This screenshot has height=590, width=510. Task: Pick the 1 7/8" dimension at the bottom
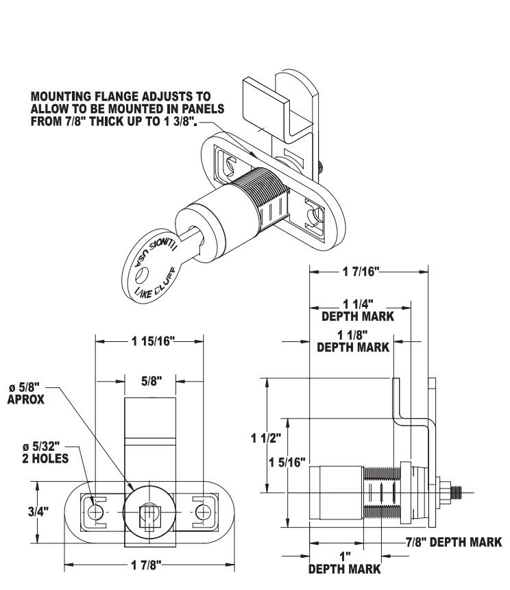150,567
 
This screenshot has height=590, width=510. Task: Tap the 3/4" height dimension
45,511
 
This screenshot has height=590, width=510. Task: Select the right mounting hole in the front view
202,513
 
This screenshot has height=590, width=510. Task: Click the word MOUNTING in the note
62,97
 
